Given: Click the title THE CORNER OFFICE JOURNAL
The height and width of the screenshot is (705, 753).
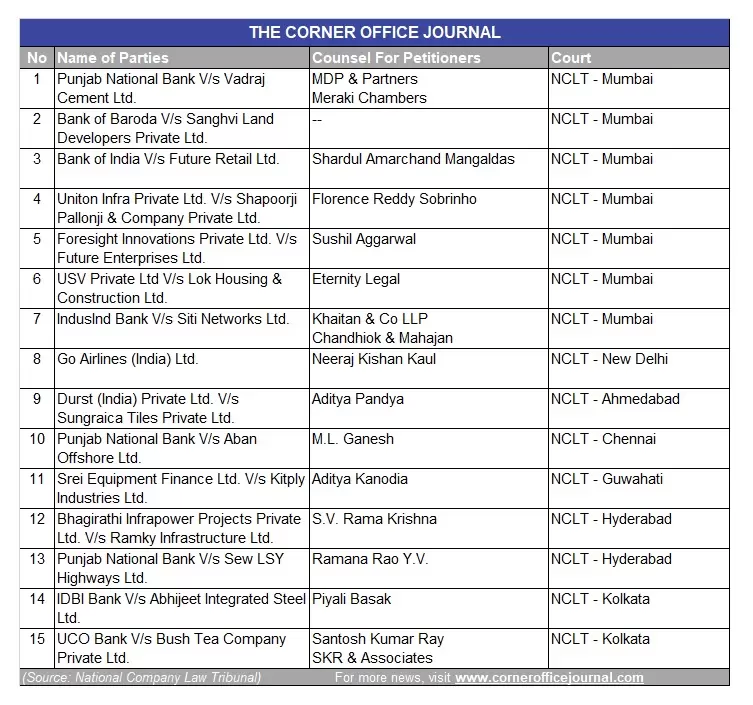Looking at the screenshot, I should (x=375, y=32).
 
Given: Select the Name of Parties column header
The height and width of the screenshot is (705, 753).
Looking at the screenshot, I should (x=113, y=58).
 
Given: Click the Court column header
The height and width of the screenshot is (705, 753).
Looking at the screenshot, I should (x=571, y=58).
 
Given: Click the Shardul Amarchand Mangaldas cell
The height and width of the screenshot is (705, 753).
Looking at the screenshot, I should (x=413, y=159).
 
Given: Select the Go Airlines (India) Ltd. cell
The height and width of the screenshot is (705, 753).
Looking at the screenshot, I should (x=128, y=359).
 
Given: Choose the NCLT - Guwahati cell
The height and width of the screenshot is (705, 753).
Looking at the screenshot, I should (x=606, y=479).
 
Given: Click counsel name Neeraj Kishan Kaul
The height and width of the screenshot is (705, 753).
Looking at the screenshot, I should (x=374, y=359).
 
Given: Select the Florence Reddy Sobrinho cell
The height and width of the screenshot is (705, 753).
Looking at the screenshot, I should (x=394, y=199).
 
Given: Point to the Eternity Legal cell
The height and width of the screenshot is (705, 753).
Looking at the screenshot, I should (x=356, y=279).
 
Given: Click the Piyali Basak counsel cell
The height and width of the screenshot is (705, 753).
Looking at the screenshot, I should (x=352, y=599).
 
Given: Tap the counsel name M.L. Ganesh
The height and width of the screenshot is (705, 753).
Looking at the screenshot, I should (x=353, y=439).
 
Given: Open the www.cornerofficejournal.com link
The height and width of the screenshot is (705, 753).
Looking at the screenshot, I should (x=549, y=677).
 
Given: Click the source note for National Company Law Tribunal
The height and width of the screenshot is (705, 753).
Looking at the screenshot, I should (x=141, y=677).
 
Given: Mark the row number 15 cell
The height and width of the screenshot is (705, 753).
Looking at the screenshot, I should (x=37, y=639).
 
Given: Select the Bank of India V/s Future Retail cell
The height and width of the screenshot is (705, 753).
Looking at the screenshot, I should (x=168, y=159).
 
